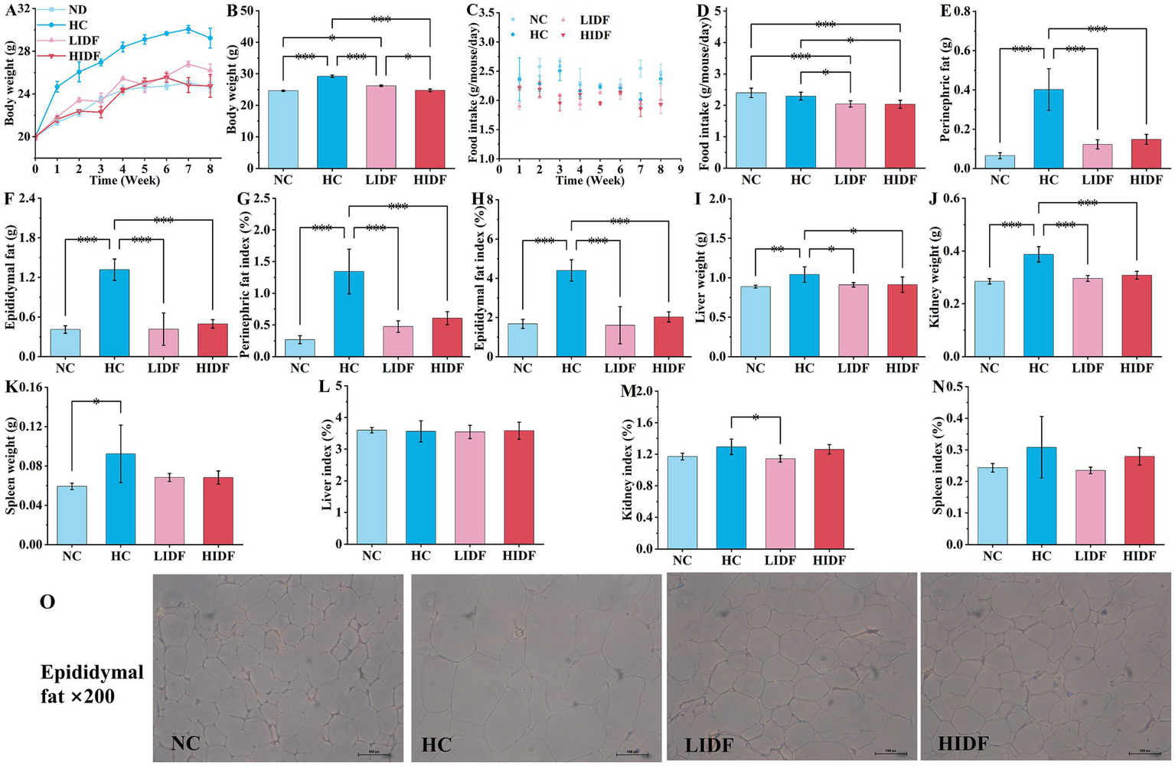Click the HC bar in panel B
[331, 123]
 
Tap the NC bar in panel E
[1000, 162]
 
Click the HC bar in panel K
[120, 499]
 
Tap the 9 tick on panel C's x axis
[679, 169]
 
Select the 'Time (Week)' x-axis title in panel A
[124, 181]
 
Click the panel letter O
[47, 602]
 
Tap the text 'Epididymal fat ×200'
[91, 684]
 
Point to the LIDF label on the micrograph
[710, 744]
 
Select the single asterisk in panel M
[755, 418]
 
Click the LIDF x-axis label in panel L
[469, 555]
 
